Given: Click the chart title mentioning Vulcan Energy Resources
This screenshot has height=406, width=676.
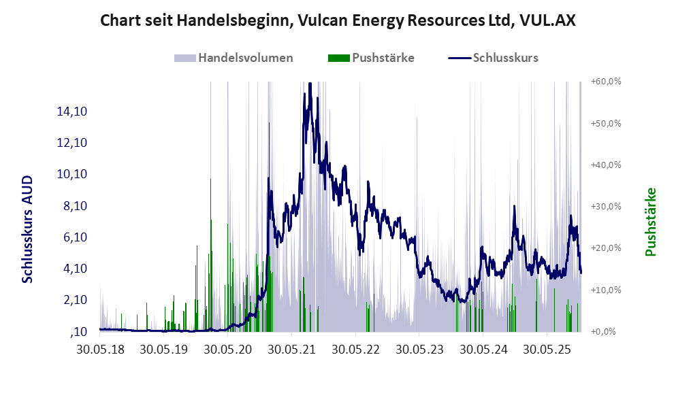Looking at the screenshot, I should (338, 20).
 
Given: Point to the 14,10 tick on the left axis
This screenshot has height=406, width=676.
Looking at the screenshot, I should (71, 112).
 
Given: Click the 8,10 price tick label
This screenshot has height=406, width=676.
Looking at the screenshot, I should (71, 206).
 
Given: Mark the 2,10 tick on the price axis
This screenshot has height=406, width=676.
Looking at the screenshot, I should (71, 301).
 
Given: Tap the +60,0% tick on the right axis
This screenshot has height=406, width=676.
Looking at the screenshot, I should (606, 82).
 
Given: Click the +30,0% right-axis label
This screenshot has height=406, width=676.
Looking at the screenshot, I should (606, 207).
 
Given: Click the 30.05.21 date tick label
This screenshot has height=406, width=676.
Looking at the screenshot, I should (291, 350).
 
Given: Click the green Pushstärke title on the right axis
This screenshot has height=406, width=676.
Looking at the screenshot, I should (651, 222).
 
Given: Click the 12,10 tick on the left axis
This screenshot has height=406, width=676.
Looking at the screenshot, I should (71, 143).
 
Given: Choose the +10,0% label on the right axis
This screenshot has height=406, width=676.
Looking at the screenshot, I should (606, 290).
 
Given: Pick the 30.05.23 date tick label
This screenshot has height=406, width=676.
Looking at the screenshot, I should (419, 350).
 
